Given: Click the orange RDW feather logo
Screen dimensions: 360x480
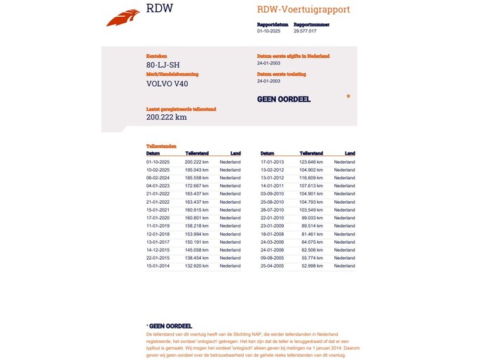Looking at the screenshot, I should (123, 17).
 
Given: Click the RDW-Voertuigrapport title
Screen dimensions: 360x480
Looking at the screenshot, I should (303, 10).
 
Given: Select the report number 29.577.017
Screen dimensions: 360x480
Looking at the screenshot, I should (305, 31).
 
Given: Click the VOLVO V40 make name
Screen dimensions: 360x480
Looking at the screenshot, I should (167, 84).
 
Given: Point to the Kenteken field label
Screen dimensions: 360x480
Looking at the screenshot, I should (157, 56).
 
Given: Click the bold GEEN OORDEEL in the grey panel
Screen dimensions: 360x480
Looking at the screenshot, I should (284, 99).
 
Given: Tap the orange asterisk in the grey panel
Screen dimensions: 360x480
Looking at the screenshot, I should (348, 97).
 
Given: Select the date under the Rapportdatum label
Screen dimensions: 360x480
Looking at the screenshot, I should (268, 31).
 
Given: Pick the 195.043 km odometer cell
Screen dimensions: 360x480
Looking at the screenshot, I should (197, 170).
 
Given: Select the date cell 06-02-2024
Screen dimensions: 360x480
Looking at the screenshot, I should (158, 179).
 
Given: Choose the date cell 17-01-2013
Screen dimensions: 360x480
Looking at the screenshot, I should (273, 162).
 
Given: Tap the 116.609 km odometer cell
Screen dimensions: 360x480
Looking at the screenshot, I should (311, 179).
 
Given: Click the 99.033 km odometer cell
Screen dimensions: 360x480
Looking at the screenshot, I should (312, 218).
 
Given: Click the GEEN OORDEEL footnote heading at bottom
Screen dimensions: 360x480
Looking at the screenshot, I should (170, 326).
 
